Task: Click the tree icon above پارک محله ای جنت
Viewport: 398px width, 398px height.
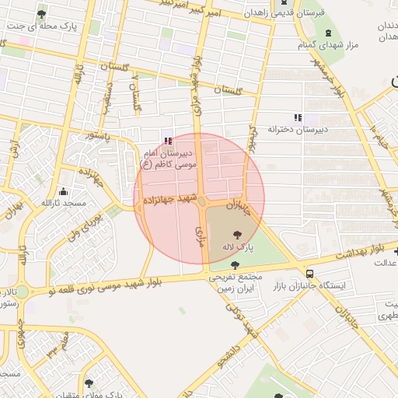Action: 41,13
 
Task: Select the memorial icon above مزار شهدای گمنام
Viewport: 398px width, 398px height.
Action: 328,33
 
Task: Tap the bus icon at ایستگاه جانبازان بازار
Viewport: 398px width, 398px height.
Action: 310,274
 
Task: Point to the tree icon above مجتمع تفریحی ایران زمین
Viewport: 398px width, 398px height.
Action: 214,265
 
